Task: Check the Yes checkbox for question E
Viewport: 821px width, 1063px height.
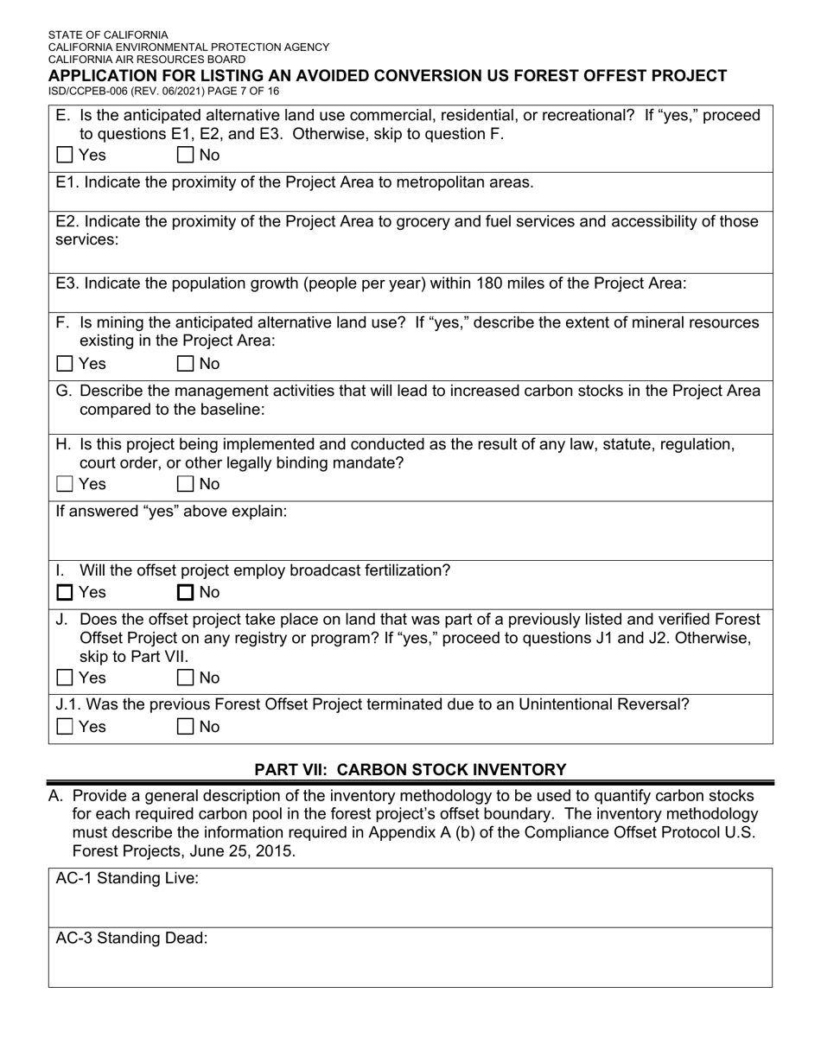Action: click(x=65, y=156)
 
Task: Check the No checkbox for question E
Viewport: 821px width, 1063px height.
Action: click(x=185, y=156)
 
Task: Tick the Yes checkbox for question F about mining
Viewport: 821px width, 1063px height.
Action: click(x=65, y=364)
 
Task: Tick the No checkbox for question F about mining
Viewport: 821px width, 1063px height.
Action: click(x=185, y=364)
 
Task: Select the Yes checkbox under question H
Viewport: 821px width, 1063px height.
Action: click(x=65, y=484)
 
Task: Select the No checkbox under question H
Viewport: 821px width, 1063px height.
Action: click(x=185, y=484)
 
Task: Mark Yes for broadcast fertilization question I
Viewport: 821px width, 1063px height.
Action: click(x=65, y=593)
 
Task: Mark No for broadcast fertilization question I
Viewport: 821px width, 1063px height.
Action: click(x=185, y=593)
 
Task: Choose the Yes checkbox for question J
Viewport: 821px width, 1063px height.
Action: click(x=65, y=678)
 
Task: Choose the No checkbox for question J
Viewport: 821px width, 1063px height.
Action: click(x=185, y=678)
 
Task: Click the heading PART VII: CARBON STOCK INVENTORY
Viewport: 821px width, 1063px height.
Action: click(x=410, y=769)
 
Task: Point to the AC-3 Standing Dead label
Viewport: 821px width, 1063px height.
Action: click(x=131, y=939)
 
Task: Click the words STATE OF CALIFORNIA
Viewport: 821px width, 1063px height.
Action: click(x=108, y=35)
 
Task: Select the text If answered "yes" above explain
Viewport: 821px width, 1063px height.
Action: click(x=171, y=511)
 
